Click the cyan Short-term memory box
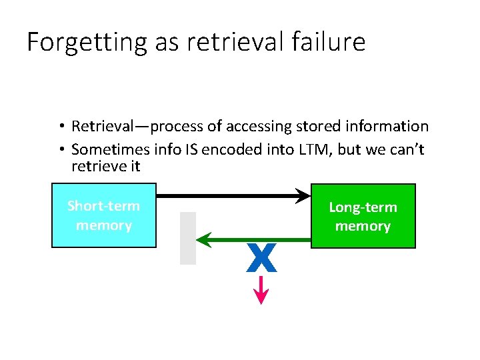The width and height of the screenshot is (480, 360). [104, 215]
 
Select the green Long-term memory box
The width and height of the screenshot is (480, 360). [363, 216]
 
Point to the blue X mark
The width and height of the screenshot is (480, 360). [261, 258]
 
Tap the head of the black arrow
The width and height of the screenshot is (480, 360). [304, 196]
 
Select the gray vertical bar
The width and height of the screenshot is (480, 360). [188, 238]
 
